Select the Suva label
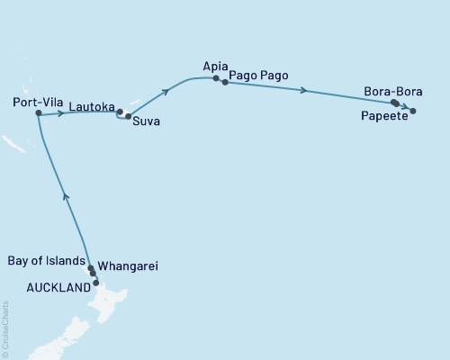coord(147,121)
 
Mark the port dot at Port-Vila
coord(38,114)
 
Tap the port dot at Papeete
coord(413,111)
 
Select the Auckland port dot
coord(96,283)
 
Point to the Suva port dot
coord(129,116)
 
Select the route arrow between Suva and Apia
coord(166,92)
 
